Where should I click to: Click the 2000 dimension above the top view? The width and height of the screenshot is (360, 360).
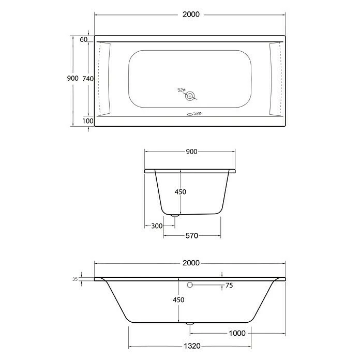click(191, 14)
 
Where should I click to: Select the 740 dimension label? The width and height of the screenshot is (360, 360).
click(88, 79)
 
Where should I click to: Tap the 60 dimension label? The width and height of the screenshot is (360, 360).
click(84, 39)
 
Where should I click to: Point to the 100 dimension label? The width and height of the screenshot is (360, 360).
click(88, 121)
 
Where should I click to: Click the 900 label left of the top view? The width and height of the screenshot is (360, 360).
click(72, 78)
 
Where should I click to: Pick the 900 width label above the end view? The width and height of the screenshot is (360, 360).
click(191, 152)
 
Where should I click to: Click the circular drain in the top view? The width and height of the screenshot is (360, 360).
click(190, 96)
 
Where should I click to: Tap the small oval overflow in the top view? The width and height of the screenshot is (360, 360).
click(190, 114)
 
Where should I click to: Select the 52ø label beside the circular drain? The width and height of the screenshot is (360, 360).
click(181, 90)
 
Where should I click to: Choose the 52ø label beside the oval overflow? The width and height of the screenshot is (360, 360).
click(198, 113)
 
